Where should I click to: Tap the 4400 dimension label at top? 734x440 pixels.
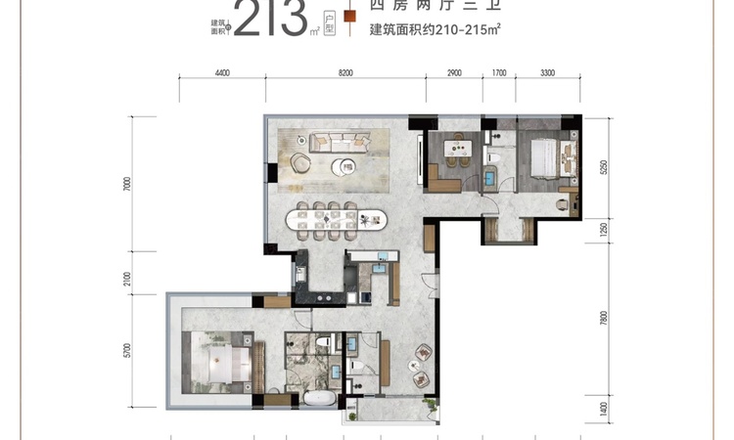coord(221,73)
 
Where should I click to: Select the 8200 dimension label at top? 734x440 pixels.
coord(344,73)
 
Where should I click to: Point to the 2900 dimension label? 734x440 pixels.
coord(453,73)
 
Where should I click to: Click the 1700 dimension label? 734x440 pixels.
coord(498,73)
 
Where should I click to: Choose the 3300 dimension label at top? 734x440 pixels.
coord(546,73)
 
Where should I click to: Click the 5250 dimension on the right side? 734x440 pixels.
coord(604,167)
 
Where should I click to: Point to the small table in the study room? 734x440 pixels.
coord(454,149)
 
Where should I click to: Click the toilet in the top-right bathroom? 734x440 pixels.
coord(494,157)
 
